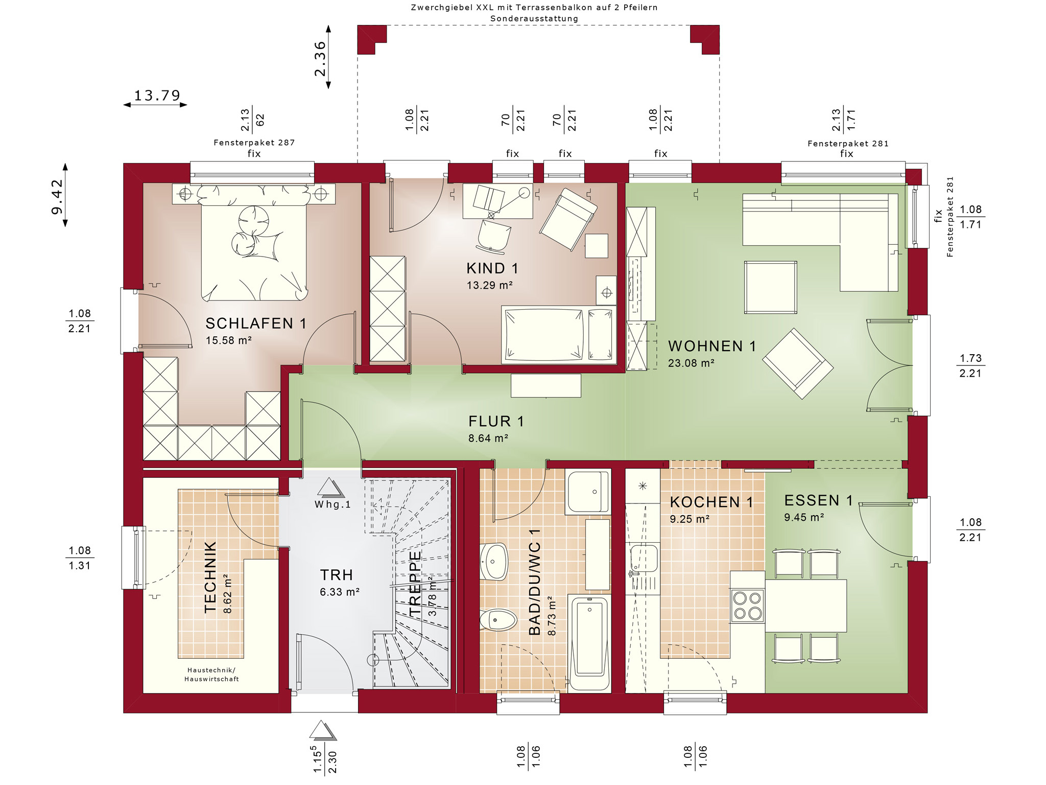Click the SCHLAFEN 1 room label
pyautogui.click(x=256, y=324)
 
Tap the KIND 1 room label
pyautogui.click(x=492, y=268)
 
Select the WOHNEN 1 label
pyautogui.click(x=712, y=347)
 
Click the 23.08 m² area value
pyautogui.click(x=691, y=363)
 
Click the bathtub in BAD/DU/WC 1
pyautogui.click(x=589, y=643)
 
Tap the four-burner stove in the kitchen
pyautogui.click(x=747, y=606)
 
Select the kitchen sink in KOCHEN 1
pyautogui.click(x=644, y=559)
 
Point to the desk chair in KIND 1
pyautogui.click(x=494, y=234)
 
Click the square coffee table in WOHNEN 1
pyautogui.click(x=770, y=287)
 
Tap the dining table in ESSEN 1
pyautogui.click(x=805, y=606)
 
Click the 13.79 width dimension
pyautogui.click(x=156, y=96)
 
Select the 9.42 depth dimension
pyautogui.click(x=57, y=196)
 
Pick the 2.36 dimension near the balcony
pyautogui.click(x=320, y=58)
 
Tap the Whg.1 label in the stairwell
pyautogui.click(x=332, y=505)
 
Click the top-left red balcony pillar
pyautogui.click(x=371, y=39)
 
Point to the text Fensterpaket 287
pyautogui.click(x=254, y=143)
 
